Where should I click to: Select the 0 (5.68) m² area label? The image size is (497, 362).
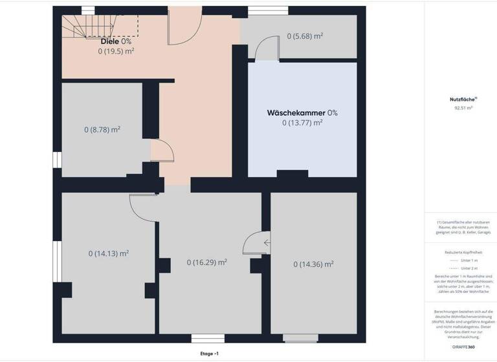coord(305,36)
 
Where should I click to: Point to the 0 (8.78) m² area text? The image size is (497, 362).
coord(102,129)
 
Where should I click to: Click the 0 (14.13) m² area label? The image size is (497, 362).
coord(109,253)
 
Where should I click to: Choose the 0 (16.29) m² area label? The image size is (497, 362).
coord(206,262)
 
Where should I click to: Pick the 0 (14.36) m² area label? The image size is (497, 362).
coord(313,264)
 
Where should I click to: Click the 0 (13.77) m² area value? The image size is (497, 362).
coord(302,122)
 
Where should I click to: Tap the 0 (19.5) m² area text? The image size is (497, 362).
coord(116,50)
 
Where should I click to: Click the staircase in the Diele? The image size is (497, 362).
coord(91,26)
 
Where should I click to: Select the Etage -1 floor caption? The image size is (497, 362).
coord(210,354)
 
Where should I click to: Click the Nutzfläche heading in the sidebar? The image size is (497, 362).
coord(463,100)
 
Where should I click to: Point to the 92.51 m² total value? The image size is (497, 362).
coord(463,108)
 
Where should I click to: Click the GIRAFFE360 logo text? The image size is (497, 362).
coord(463,347)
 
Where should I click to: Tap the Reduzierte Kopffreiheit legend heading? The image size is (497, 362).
coord(463,252)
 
